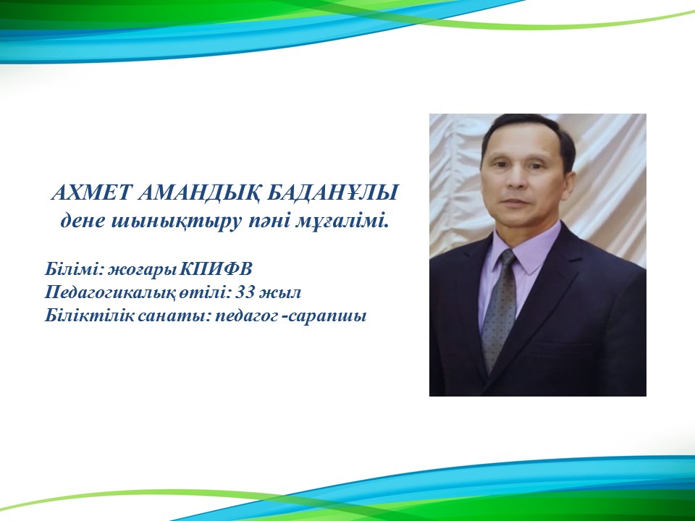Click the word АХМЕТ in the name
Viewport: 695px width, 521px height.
92,192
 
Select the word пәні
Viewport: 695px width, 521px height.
268,221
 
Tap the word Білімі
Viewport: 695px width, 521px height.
74,269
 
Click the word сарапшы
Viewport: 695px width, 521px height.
327,317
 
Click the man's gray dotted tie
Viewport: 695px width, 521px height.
499,311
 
